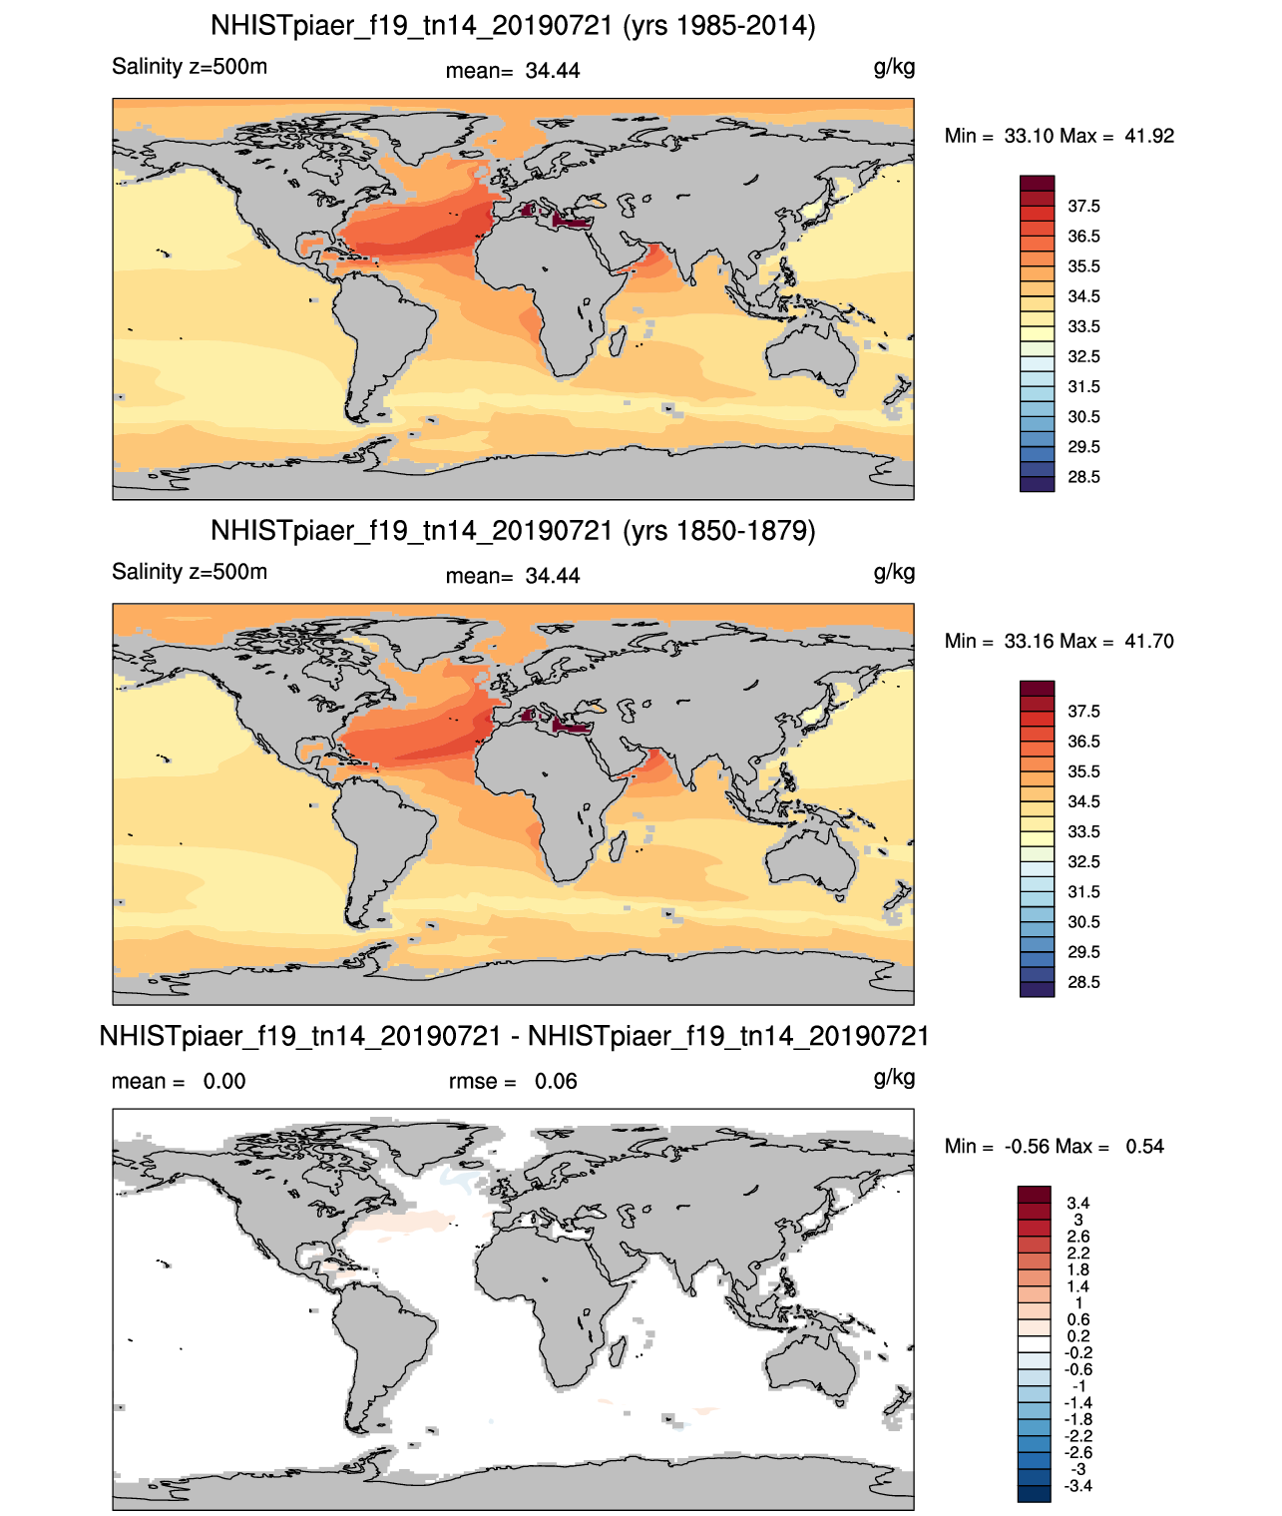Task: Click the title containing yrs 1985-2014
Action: [513, 26]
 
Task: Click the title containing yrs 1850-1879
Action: [513, 530]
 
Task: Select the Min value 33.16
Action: [1029, 641]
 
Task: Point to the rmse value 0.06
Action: [556, 1081]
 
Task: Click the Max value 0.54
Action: [1144, 1147]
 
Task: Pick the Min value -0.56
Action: [1030, 1147]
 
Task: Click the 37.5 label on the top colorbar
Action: [1083, 207]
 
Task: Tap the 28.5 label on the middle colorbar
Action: [1083, 982]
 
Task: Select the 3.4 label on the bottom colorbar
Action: [1077, 1203]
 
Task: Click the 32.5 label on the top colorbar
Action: [1083, 356]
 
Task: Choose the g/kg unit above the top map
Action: [894, 68]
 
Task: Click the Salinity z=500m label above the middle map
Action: [190, 571]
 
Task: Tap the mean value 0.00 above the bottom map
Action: [224, 1081]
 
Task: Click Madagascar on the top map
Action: [618, 341]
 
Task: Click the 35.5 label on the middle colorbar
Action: [1083, 771]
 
